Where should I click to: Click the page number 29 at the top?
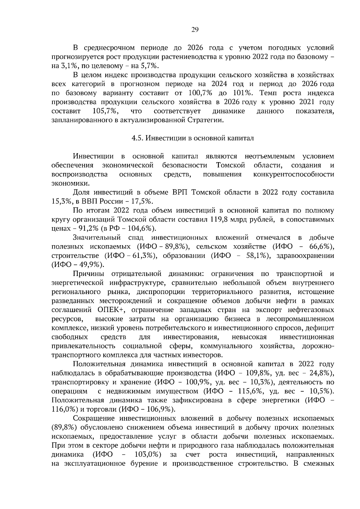195,29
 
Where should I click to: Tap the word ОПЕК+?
110,310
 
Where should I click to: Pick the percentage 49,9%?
89,265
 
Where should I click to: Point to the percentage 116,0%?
63,409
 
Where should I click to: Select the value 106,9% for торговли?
158,409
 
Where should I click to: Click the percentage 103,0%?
146,454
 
